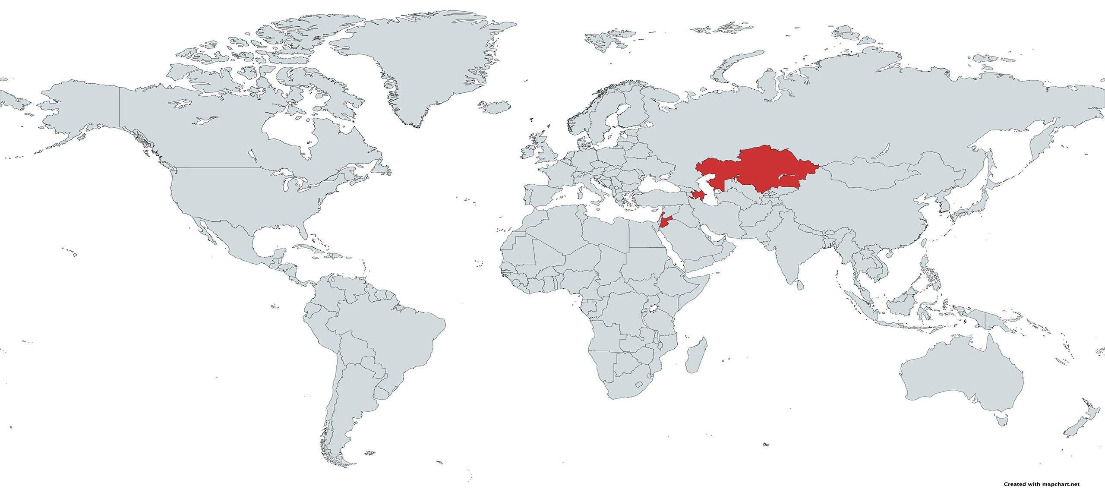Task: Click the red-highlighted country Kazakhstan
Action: [760, 170]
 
